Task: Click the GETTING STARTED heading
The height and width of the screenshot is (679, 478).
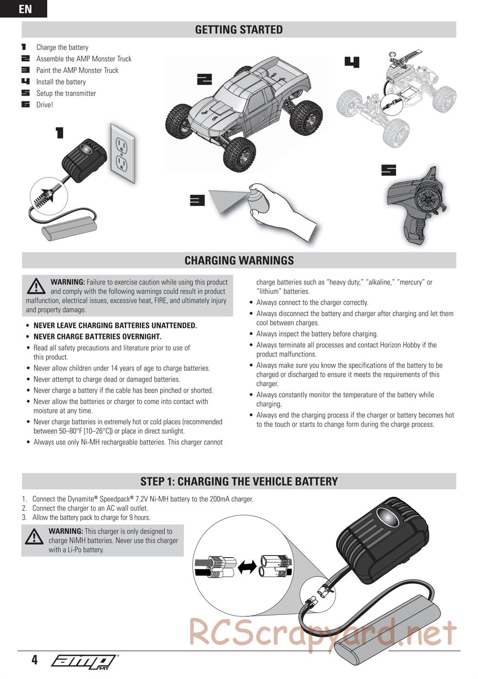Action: [x=239, y=29]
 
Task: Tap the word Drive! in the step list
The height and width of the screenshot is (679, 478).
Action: [x=44, y=105]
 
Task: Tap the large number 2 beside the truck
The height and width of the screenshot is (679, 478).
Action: [x=204, y=79]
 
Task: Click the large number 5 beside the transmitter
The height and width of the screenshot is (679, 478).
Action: [x=389, y=170]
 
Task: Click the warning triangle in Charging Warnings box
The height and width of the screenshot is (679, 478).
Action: [x=36, y=286]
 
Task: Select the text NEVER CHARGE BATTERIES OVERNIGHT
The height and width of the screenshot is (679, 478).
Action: [x=98, y=337]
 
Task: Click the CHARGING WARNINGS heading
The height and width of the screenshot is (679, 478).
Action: [x=239, y=261]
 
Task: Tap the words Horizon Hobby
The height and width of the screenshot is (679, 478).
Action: [x=399, y=345]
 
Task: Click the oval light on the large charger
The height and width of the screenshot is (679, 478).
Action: [x=387, y=515]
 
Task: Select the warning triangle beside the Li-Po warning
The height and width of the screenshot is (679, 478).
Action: [x=34, y=536]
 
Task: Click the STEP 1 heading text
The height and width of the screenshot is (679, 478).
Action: [x=239, y=482]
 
